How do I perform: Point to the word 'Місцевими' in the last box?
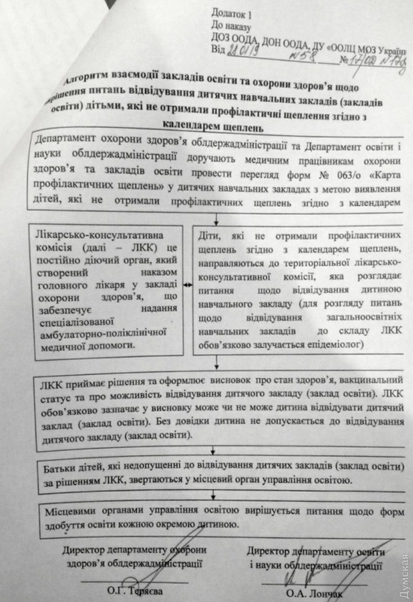click(71, 510)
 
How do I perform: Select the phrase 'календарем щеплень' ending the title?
click(214, 127)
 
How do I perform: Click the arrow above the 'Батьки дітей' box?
click(213, 450)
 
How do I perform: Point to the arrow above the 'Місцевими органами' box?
click(213, 495)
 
